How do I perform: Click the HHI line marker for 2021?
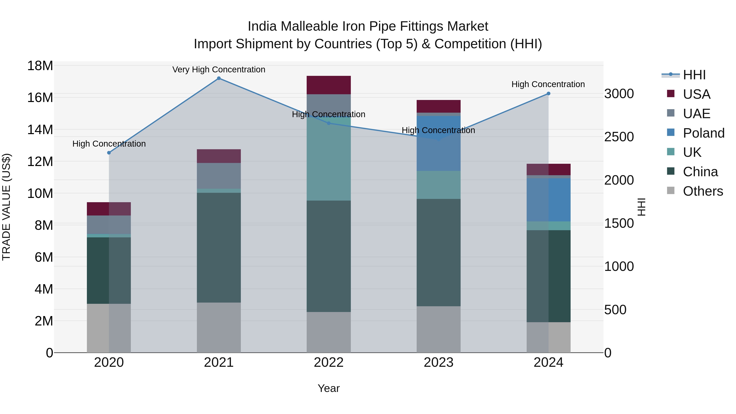219,78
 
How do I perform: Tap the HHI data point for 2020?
109,153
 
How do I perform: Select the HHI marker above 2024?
548,93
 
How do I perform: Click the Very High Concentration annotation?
219,70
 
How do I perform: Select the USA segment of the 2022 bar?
329,85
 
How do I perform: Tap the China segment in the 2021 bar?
219,247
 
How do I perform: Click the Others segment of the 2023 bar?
438,329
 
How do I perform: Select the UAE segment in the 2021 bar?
219,176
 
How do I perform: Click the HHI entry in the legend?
694,75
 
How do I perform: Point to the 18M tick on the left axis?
40,66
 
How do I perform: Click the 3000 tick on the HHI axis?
619,94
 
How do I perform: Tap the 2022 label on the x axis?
329,362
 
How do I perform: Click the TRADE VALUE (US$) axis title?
6,207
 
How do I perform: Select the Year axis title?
329,388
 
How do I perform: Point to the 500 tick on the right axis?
615,310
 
